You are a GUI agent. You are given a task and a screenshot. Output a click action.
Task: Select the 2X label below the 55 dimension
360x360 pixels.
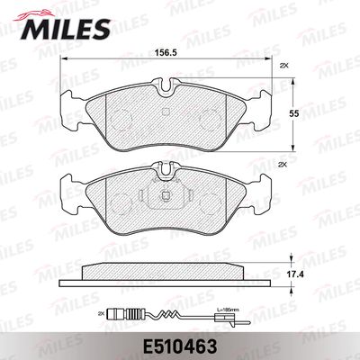(x=284, y=166)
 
